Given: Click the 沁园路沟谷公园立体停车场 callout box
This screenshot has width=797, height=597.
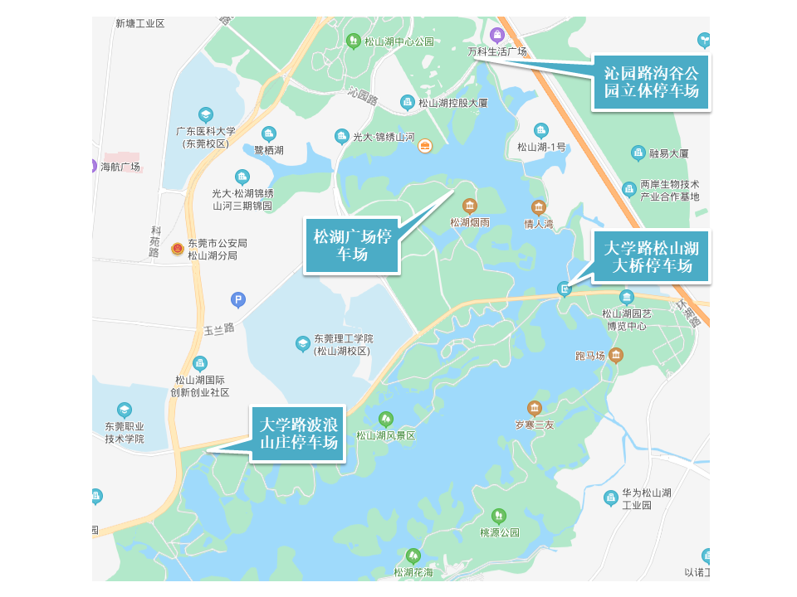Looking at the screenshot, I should pyautogui.click(x=651, y=82).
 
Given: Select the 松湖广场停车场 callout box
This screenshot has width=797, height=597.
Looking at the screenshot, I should pyautogui.click(x=352, y=245).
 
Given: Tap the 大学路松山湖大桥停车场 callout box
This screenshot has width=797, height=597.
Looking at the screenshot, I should pyautogui.click(x=651, y=256).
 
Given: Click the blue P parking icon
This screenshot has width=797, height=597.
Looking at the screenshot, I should pyautogui.click(x=238, y=300).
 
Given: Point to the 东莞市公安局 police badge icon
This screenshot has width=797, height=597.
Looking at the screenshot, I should pyautogui.click(x=177, y=248).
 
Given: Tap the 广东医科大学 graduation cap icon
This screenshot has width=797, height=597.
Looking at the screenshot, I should pyautogui.click(x=206, y=114).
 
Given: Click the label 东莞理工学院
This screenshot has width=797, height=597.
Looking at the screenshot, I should pyautogui.click(x=343, y=338).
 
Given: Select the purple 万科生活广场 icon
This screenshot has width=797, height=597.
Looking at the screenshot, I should pyautogui.click(x=496, y=35).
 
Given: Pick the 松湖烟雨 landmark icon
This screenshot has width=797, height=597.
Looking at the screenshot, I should pyautogui.click(x=470, y=206).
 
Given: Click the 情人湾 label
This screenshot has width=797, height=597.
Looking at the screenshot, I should pyautogui.click(x=539, y=224).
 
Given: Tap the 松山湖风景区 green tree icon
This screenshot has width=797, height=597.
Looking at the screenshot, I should pyautogui.click(x=385, y=419).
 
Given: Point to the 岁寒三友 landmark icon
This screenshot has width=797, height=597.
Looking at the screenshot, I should pyautogui.click(x=534, y=408).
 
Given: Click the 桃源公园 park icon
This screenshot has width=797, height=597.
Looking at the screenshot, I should pyautogui.click(x=499, y=516).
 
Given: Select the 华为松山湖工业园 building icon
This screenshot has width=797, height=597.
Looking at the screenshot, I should pyautogui.click(x=610, y=498).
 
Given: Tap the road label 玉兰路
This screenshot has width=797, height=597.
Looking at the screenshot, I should pyautogui.click(x=219, y=328).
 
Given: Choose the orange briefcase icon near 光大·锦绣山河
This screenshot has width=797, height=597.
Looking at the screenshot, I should pyautogui.click(x=424, y=146).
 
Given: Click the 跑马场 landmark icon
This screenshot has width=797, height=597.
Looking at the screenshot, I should pyautogui.click(x=615, y=355).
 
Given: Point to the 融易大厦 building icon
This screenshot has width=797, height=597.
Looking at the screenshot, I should pyautogui.click(x=638, y=153).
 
